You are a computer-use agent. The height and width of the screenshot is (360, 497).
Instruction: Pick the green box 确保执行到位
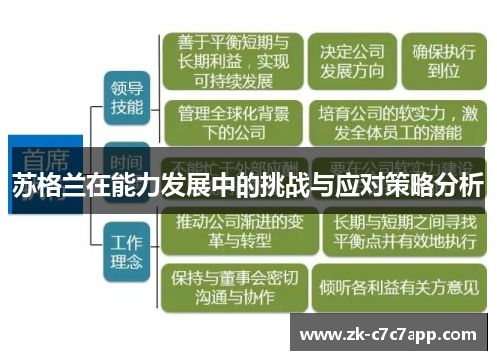point(438,59)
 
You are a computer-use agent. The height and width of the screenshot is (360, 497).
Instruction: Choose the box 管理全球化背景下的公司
point(229,123)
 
